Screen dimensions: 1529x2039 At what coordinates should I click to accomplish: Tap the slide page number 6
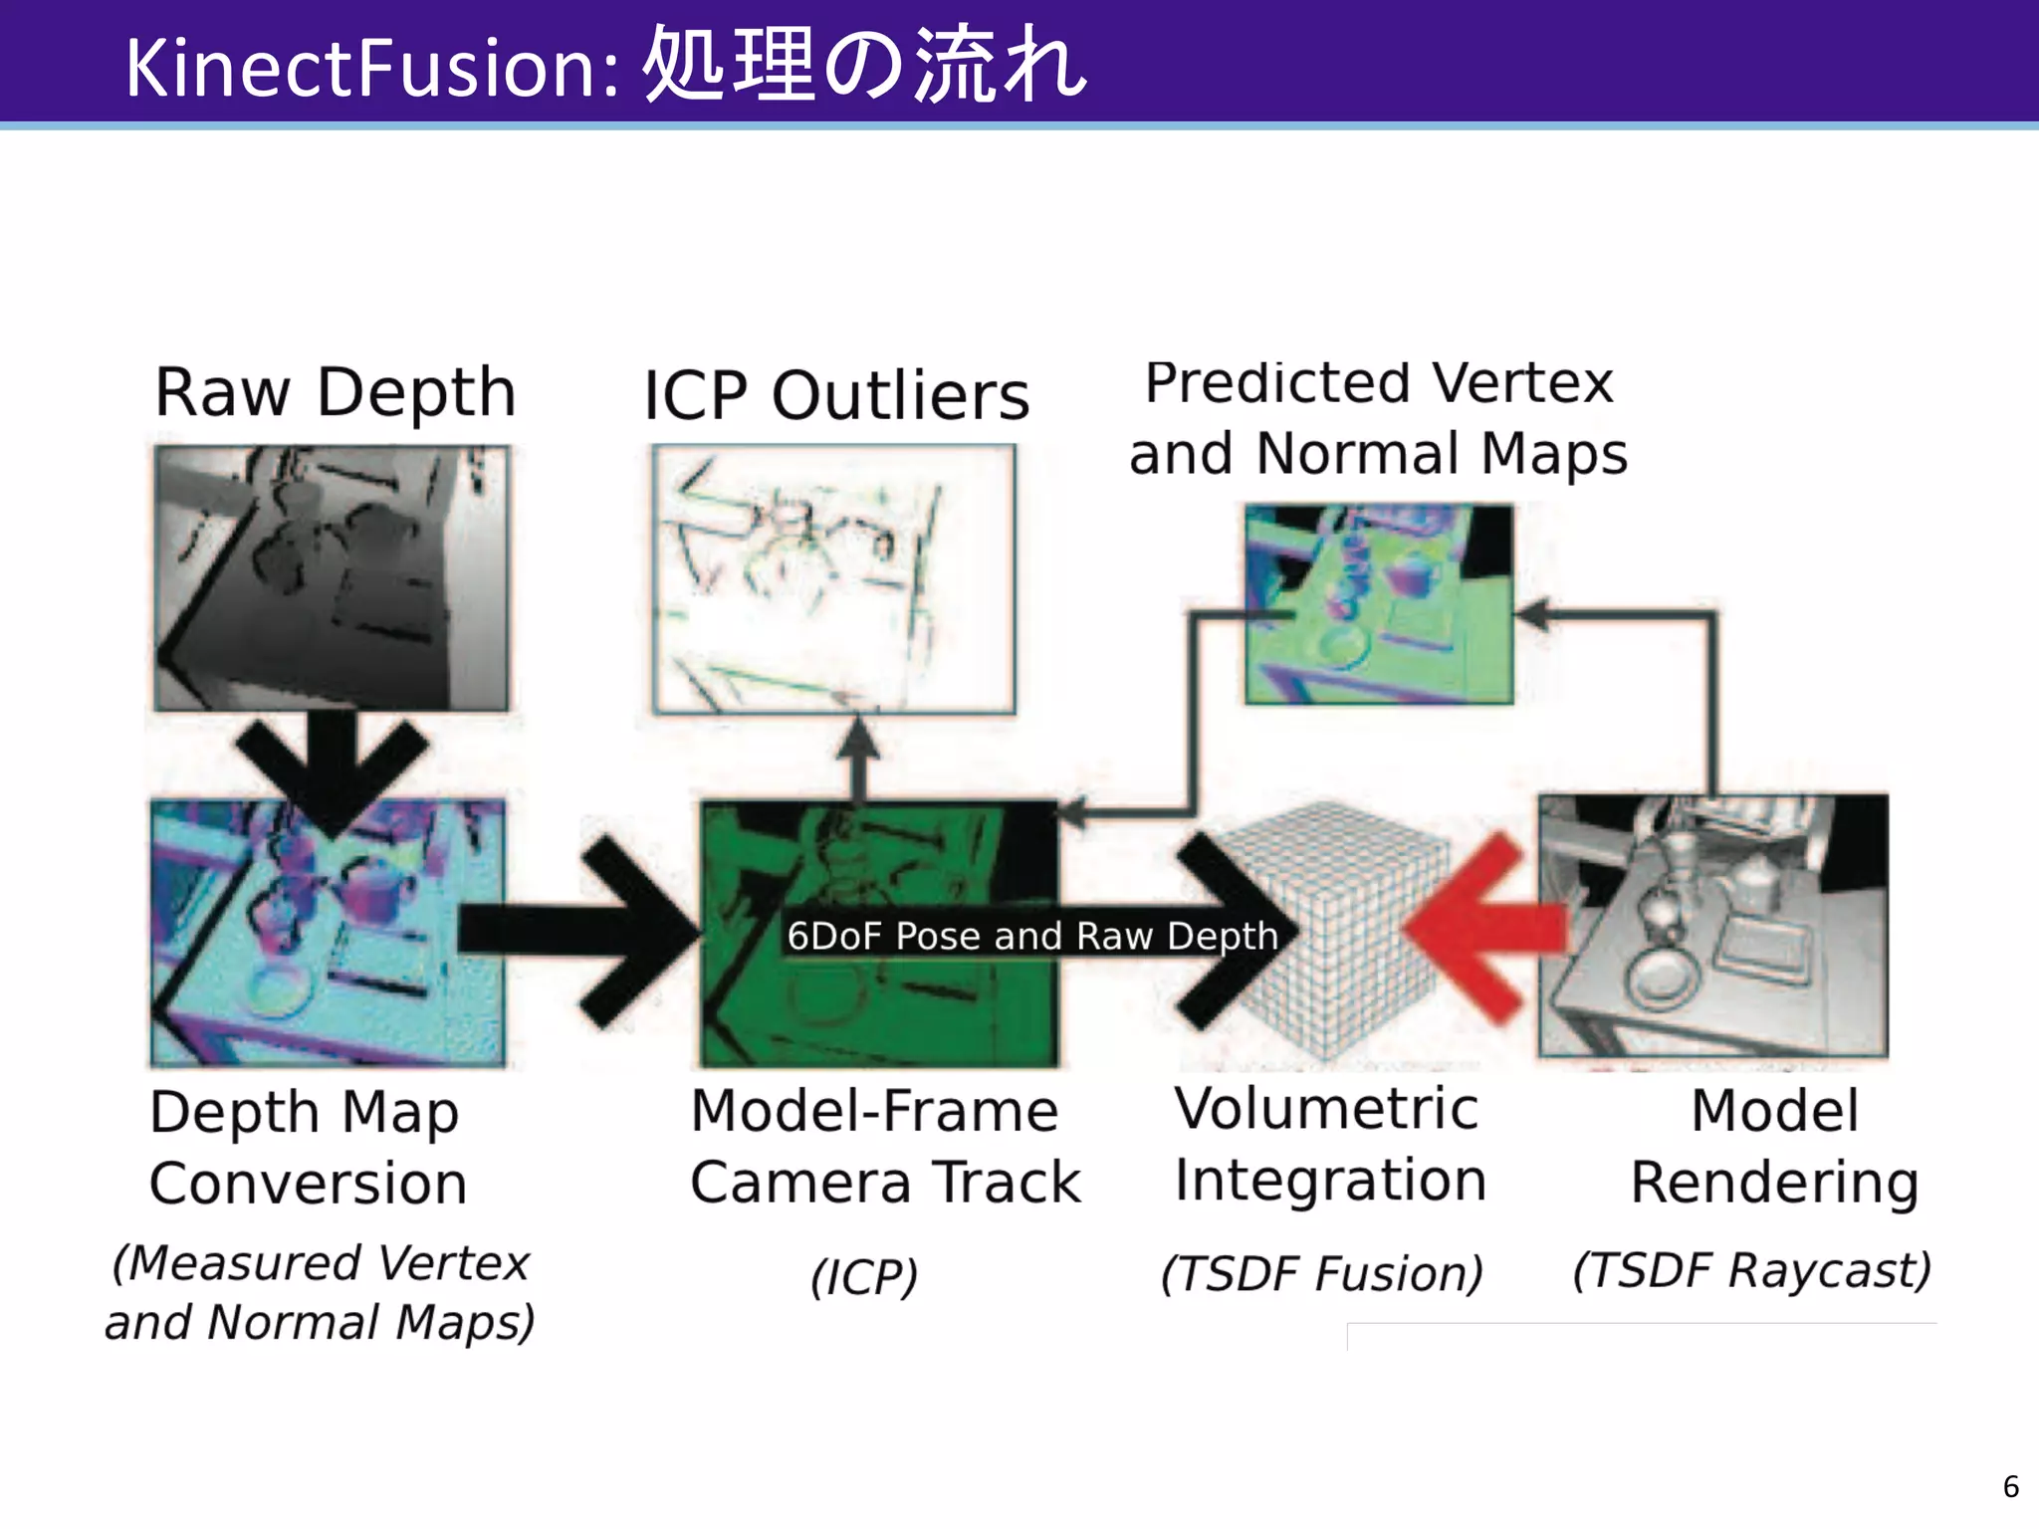tap(2010, 1486)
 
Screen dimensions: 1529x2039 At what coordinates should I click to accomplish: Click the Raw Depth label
tap(336, 392)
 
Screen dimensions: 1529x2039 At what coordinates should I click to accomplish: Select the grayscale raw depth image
tap(332, 577)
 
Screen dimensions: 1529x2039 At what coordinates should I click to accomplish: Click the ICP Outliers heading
tap(835, 396)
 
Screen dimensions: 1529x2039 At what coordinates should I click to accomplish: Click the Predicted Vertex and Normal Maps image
tap(1379, 604)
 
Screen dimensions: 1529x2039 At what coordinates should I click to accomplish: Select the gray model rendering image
tap(1712, 926)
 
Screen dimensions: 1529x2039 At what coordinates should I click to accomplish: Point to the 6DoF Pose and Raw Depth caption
tap(1032, 936)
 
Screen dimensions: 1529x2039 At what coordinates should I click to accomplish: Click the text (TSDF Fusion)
tap(1322, 1273)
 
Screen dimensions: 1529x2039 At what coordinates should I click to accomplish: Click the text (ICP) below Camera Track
tap(863, 1277)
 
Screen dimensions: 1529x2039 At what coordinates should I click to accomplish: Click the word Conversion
tap(309, 1184)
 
